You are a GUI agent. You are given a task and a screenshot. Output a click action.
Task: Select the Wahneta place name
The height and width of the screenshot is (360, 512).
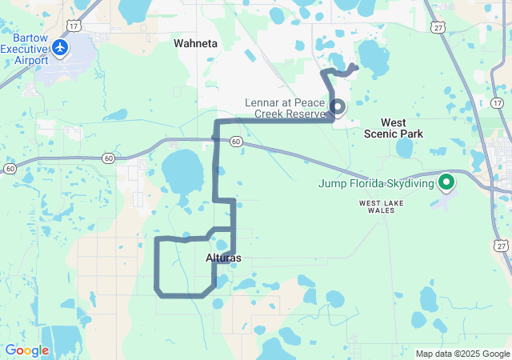(196, 44)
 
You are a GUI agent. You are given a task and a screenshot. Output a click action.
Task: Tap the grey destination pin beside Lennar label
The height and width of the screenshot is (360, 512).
(338, 107)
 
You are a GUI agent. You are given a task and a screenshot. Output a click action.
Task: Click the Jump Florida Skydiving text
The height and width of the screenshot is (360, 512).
(376, 183)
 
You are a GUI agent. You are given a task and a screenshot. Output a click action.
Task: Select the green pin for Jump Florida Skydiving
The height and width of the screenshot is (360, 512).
(446, 183)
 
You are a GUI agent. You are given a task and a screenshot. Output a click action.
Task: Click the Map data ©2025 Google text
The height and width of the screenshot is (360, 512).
(462, 354)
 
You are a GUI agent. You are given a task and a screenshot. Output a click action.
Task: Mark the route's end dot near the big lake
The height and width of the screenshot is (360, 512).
(355, 66)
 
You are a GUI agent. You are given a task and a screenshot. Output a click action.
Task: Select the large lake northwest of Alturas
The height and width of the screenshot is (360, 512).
(184, 172)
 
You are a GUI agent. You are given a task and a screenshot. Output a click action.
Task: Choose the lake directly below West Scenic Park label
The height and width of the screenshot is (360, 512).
(404, 148)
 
